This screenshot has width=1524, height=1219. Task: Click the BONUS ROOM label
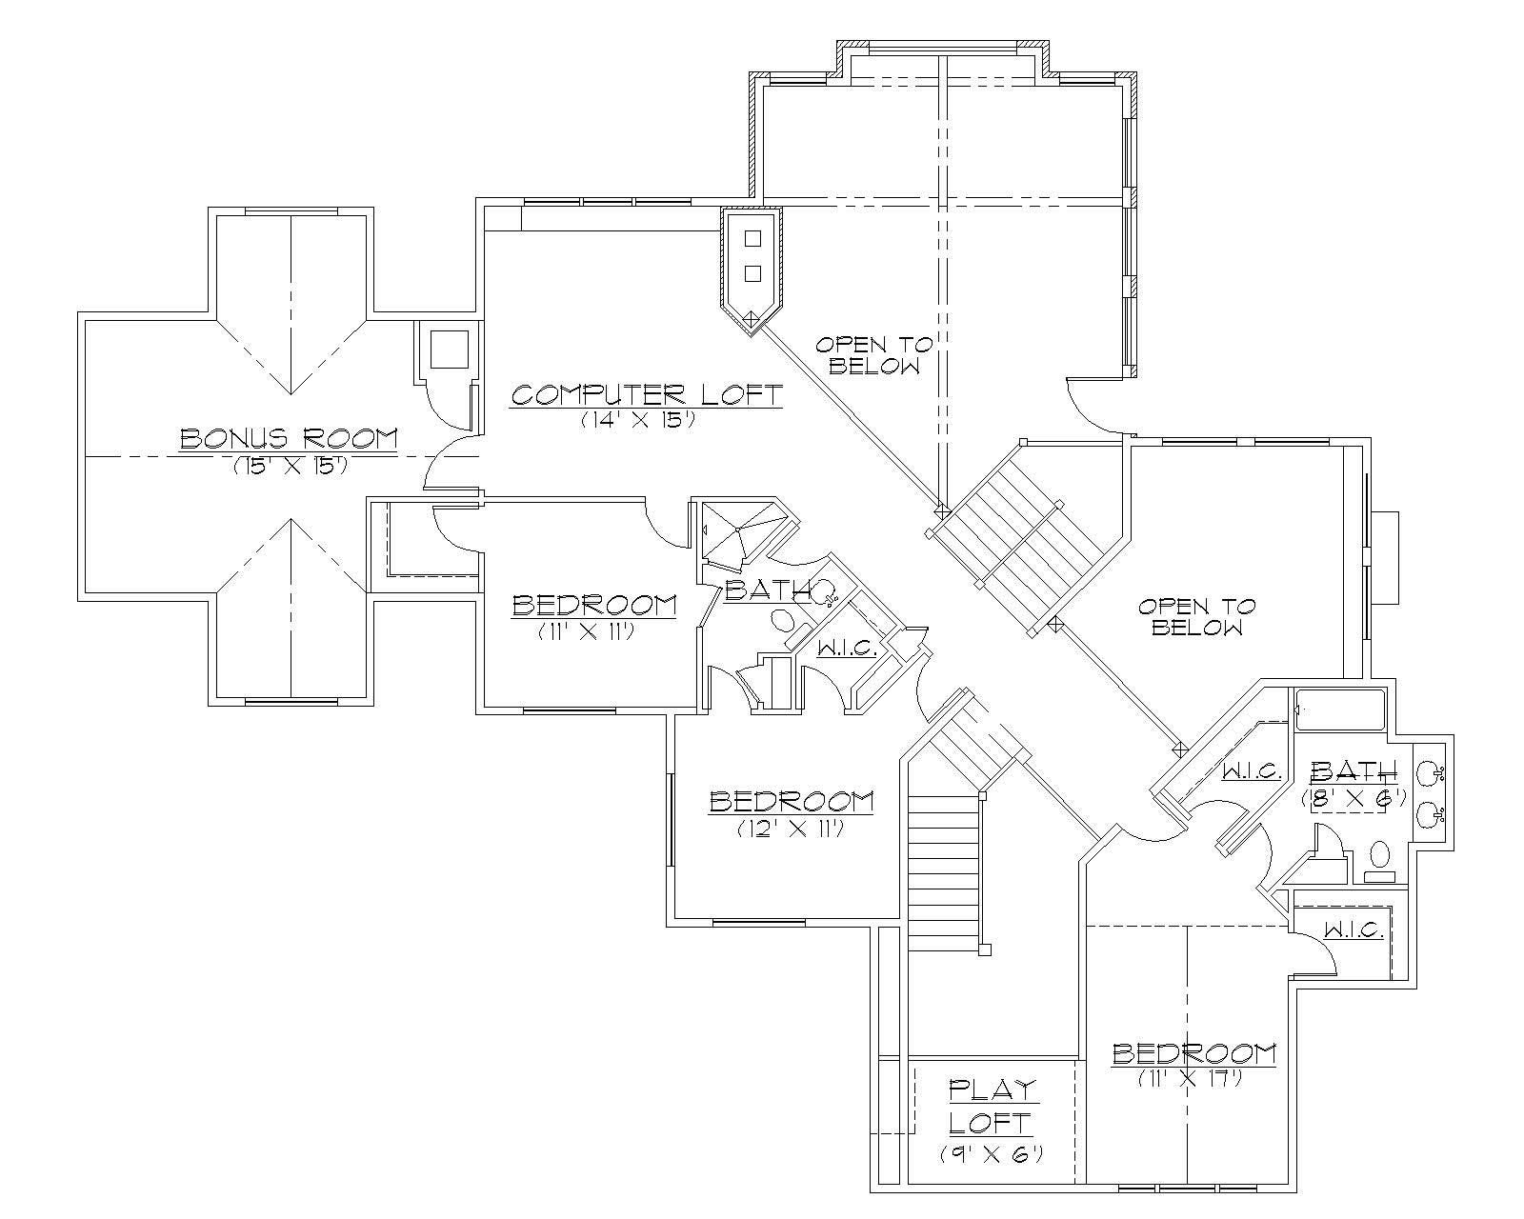coord(289,438)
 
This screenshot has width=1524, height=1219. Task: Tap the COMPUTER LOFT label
coord(647,394)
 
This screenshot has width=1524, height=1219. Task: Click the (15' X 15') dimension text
coord(289,467)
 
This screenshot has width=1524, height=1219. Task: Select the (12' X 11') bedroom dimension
coord(792,829)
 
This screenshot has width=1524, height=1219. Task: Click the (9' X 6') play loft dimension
coord(992,1153)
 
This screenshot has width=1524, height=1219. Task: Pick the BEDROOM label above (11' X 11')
coord(594,605)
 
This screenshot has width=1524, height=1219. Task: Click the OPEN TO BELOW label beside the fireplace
coord(1197,617)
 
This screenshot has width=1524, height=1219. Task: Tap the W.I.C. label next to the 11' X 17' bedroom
coord(1353,930)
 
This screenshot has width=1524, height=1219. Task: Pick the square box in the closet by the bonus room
coord(449,350)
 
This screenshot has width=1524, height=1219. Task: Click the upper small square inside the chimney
coord(752,237)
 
